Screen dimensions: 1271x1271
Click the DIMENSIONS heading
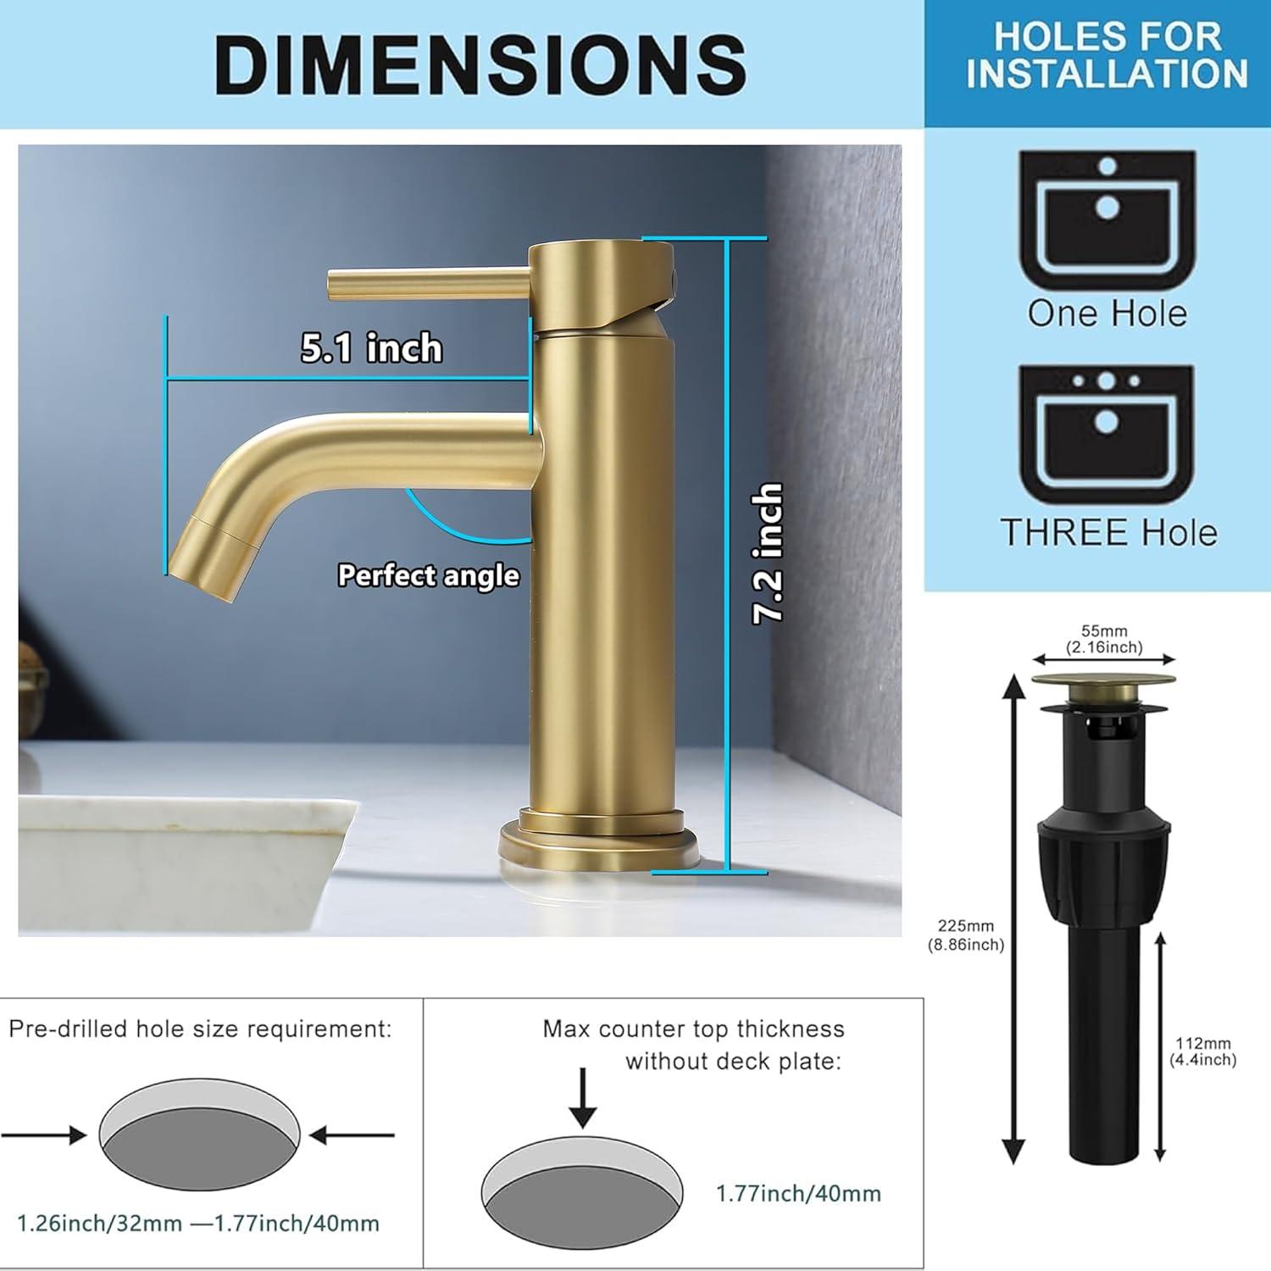(x=480, y=64)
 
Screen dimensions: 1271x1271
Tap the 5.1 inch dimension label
(x=371, y=348)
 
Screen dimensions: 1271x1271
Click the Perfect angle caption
(x=428, y=575)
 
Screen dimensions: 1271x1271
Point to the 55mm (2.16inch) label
(x=1104, y=639)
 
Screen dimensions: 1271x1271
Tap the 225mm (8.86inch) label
(x=966, y=935)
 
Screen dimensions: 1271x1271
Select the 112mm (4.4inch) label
(x=1202, y=1052)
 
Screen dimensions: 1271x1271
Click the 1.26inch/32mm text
(x=100, y=1224)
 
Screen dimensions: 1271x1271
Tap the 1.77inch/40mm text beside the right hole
(x=798, y=1193)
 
